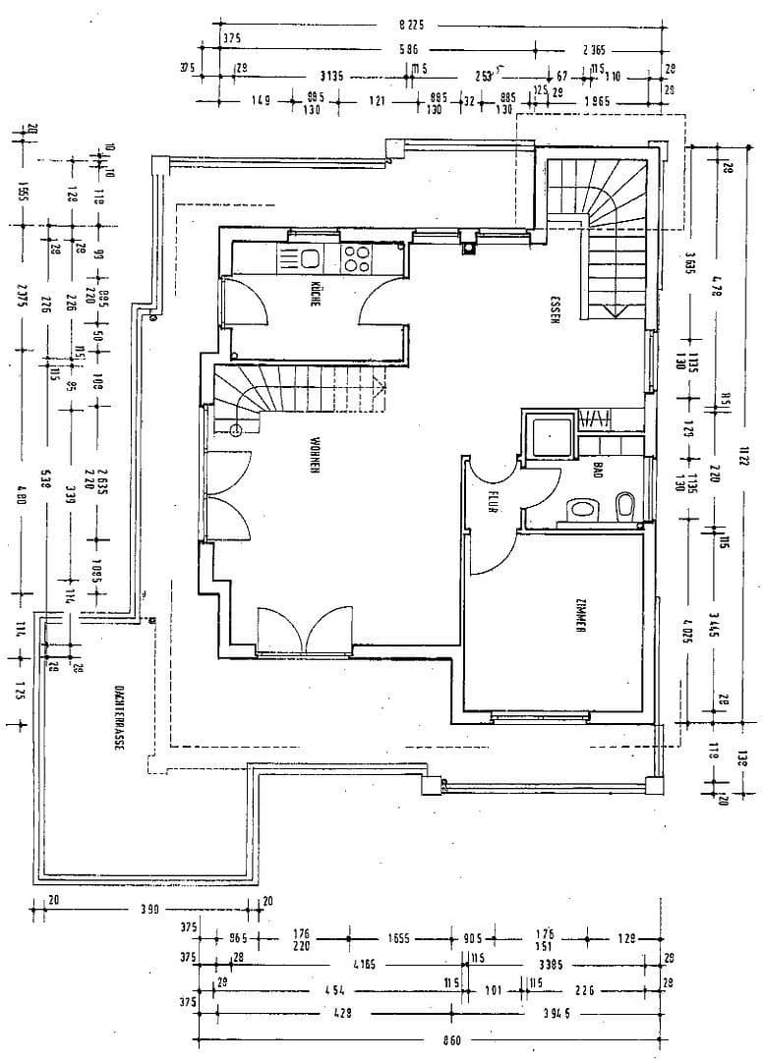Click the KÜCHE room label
[315, 295]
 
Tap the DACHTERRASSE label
[117, 716]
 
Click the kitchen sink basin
[311, 259]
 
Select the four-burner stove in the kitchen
[356, 259]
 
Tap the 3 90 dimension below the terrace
[148, 910]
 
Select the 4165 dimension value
[364, 966]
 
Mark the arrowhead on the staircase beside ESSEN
[614, 311]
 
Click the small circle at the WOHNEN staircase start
[236, 430]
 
